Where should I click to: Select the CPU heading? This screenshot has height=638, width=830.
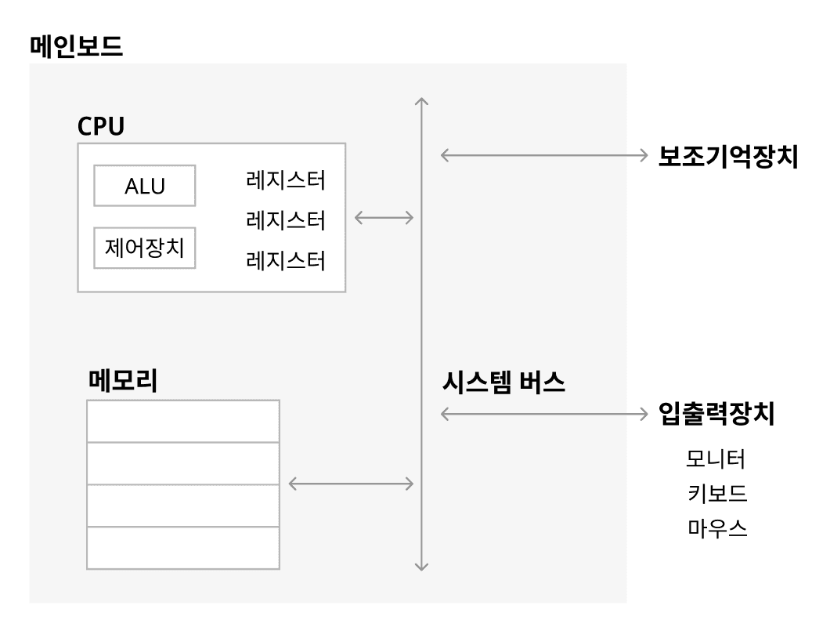101,125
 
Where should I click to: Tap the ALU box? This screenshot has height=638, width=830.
144,186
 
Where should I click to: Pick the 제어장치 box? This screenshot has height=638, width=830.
144,248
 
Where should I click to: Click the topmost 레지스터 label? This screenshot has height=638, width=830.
285,181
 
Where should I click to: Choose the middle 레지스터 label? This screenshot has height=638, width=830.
285,220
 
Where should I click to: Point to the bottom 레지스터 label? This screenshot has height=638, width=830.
285,259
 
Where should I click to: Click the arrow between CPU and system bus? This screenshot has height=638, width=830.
384,218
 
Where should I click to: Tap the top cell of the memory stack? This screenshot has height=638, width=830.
182,421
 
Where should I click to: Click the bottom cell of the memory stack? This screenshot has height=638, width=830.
182,547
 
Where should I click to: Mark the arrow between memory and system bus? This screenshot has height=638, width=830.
351,484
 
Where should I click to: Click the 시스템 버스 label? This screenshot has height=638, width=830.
503,382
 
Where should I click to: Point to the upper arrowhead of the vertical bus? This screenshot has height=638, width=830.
422,100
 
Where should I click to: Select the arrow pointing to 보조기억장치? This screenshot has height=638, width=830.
541,155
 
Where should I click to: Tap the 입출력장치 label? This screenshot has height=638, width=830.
716,414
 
